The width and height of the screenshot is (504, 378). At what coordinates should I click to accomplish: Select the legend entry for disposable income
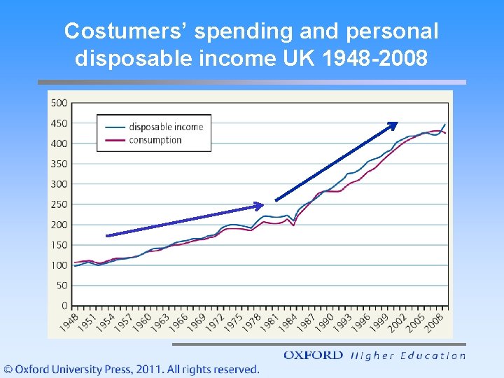pyautogui.click(x=165, y=127)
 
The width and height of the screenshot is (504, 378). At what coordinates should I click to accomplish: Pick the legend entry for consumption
pyautogui.click(x=155, y=140)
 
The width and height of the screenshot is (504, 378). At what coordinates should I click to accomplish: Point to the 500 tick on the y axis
pyautogui.click(x=59, y=103)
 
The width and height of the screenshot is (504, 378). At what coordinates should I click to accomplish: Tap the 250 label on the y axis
pyautogui.click(x=59, y=204)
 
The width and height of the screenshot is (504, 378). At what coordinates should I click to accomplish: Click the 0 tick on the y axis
pyautogui.click(x=64, y=306)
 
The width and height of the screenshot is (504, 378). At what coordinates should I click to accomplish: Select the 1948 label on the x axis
pyautogui.click(x=69, y=322)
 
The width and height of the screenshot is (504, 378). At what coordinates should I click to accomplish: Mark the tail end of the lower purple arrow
pyautogui.click(x=107, y=235)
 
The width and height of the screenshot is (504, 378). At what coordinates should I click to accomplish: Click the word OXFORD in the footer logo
pyautogui.click(x=313, y=355)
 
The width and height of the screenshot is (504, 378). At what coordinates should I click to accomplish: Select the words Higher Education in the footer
pyautogui.click(x=407, y=356)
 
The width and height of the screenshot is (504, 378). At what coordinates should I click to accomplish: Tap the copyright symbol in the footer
pyautogui.click(x=8, y=369)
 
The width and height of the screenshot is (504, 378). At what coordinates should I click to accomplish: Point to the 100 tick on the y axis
pyautogui.click(x=59, y=265)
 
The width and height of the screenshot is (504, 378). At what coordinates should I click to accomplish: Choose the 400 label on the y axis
pyautogui.click(x=59, y=143)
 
